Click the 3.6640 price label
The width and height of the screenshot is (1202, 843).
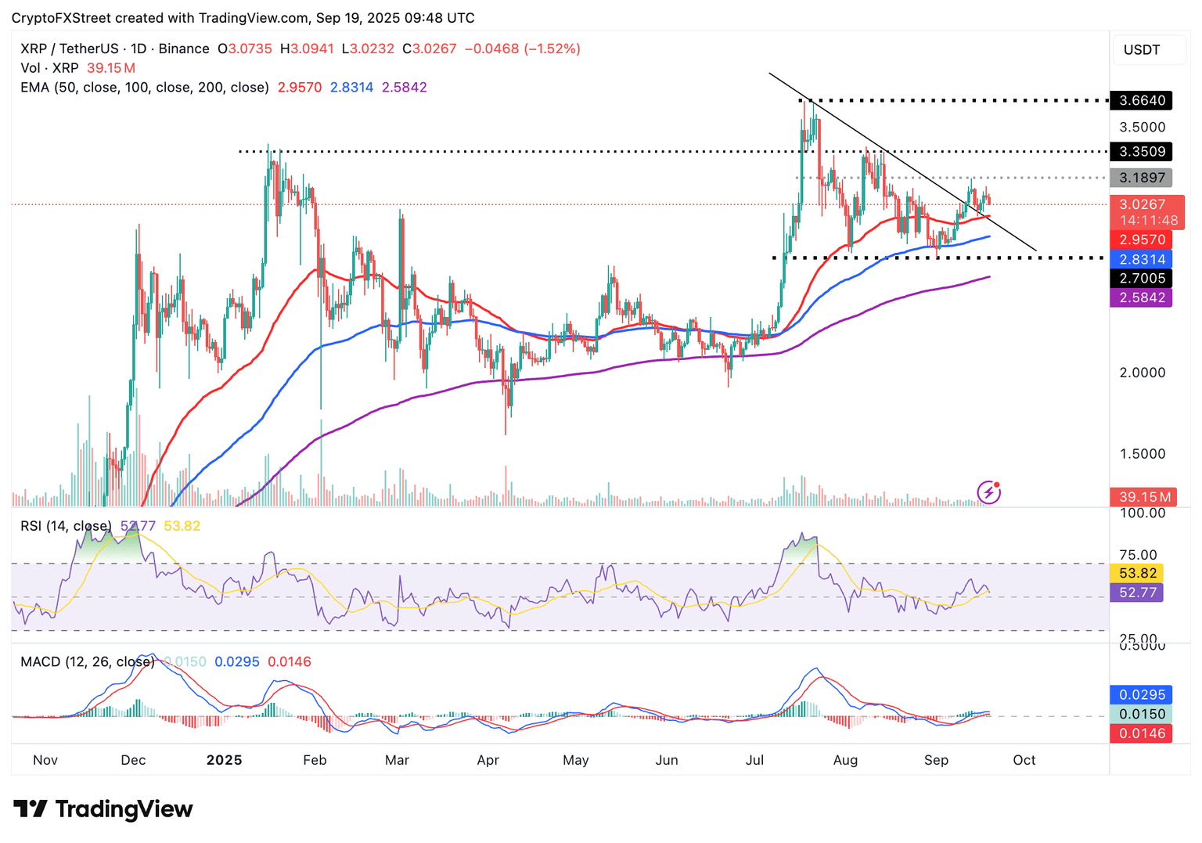(1142, 100)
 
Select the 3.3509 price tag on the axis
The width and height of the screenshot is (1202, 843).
(1142, 152)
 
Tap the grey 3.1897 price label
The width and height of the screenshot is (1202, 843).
(1142, 178)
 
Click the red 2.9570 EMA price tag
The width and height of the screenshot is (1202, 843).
(1142, 240)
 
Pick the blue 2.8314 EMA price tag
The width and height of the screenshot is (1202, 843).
(1142, 259)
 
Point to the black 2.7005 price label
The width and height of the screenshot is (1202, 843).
(1142, 279)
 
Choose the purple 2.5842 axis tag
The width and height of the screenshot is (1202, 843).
(1142, 297)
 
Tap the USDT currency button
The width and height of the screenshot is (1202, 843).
(1142, 50)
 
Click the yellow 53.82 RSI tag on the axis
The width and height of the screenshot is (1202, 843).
(1137, 573)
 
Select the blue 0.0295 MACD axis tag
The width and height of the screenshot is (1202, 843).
(1142, 694)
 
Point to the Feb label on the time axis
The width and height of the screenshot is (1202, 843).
(315, 760)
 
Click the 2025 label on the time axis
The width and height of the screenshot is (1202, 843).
(224, 760)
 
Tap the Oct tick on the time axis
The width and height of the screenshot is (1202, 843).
(1024, 760)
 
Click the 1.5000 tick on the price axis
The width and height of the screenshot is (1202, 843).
(1142, 454)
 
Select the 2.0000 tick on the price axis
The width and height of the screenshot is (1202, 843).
(1142, 373)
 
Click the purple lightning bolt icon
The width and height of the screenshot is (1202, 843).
(989, 492)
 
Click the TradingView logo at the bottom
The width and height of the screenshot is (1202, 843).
(103, 809)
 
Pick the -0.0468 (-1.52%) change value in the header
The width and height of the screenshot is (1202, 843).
(522, 49)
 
